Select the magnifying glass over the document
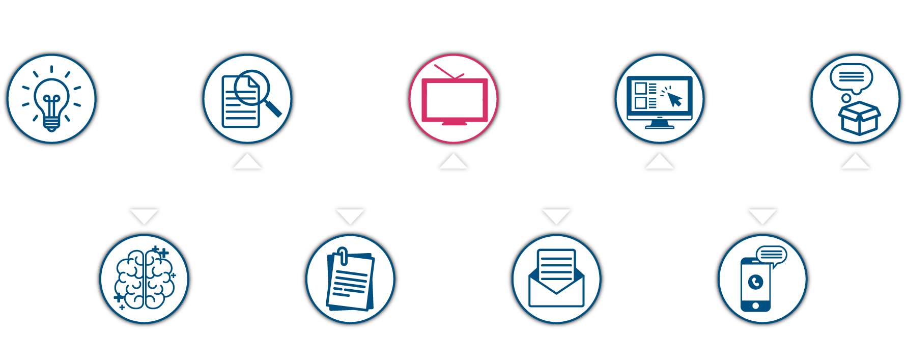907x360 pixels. (x=253, y=88)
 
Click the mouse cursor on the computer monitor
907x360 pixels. (x=674, y=99)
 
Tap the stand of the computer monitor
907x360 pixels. (x=659, y=123)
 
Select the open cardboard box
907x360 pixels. (x=859, y=118)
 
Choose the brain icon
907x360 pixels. (x=145, y=279)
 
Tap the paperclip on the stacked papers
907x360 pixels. (x=343, y=256)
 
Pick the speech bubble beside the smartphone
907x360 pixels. (x=772, y=255)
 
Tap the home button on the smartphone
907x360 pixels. (x=755, y=306)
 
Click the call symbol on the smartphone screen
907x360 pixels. (x=756, y=282)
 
